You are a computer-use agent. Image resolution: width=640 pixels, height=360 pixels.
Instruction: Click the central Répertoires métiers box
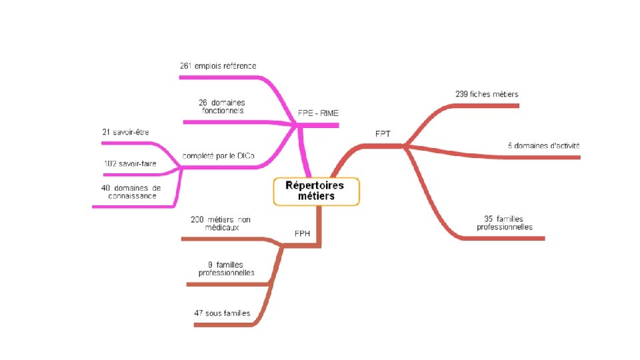click(316, 191)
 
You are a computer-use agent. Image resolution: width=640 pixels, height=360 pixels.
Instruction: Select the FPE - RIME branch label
click(318, 113)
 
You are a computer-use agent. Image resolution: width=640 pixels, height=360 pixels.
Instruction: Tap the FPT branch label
click(383, 133)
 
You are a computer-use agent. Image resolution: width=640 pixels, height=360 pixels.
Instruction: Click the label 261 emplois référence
click(218, 65)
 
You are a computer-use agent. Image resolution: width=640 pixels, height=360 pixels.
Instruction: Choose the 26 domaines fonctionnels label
click(221, 107)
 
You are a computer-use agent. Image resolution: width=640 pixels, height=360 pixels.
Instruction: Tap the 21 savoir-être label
click(125, 132)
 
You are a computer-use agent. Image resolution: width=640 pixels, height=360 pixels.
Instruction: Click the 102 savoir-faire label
click(130, 163)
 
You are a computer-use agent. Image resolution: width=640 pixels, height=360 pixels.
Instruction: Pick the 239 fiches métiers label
click(487, 94)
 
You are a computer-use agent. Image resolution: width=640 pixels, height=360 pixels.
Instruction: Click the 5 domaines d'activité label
click(543, 145)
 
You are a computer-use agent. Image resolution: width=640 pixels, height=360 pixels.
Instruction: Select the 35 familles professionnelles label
click(505, 223)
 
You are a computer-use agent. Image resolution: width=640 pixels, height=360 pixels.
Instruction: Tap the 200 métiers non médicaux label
click(220, 223)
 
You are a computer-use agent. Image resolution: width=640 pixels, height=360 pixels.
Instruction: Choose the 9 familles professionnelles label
click(226, 269)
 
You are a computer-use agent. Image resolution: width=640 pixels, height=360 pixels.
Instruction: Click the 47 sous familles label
click(222, 313)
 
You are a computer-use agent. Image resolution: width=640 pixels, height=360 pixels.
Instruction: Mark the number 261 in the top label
click(187, 65)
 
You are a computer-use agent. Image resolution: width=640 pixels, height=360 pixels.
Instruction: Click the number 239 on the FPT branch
click(461, 94)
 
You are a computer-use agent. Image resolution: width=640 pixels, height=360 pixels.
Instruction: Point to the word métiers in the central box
click(317, 197)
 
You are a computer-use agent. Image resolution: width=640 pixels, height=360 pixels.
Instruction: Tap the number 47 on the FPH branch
click(199, 313)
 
